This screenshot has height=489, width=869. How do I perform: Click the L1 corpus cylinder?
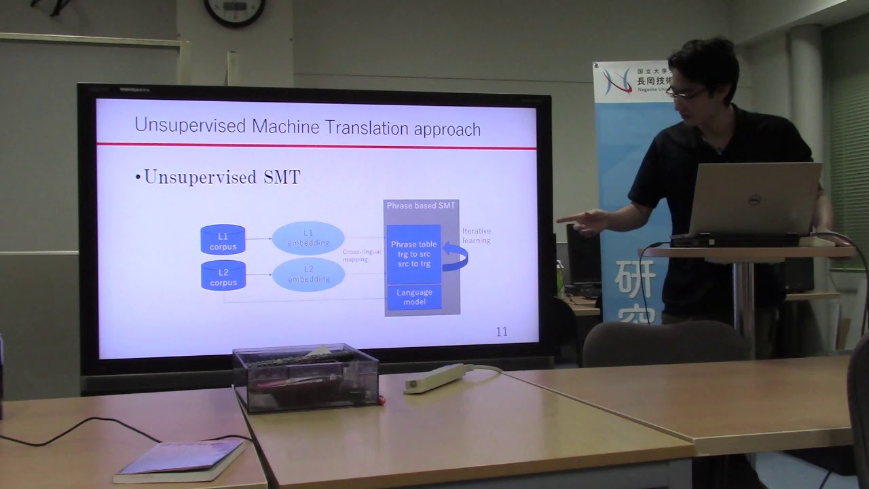pos(223,240)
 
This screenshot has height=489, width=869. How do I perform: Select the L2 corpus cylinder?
pos(223,276)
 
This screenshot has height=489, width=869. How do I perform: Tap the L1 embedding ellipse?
pos(308,238)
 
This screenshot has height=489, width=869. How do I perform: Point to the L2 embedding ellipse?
pos(308,274)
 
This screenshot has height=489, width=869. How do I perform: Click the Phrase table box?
pos(413,254)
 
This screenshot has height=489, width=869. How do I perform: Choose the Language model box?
pos(414,297)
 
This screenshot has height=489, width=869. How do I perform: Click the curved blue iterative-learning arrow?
pos(456,257)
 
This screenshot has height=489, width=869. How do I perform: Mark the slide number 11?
pos(502,331)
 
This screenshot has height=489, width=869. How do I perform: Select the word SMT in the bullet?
pos(281,178)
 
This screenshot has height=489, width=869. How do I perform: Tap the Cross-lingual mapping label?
pos(361,255)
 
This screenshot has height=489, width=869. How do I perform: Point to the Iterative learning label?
pos(476,236)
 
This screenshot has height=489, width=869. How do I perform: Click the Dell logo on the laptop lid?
pos(754,199)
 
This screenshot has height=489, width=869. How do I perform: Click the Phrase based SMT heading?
pos(421,205)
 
